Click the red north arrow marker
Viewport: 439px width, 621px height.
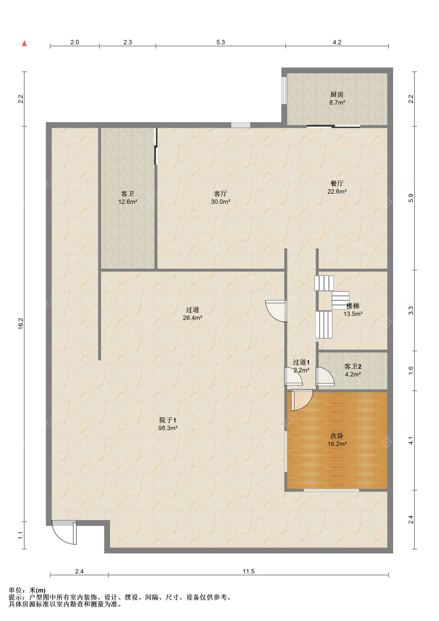pos(25,43)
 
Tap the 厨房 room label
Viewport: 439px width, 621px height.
pos(337,95)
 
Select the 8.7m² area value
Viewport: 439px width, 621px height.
pos(337,103)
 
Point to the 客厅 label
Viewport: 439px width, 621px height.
pos(220,193)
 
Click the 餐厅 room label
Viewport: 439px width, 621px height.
pos(337,183)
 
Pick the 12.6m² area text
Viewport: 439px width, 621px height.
pos(128,202)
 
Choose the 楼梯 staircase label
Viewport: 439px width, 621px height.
pos(353,306)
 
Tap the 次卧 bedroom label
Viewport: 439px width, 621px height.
pos(337,436)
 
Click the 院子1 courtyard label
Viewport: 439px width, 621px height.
pos(168,420)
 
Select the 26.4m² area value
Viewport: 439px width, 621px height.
pos(192,318)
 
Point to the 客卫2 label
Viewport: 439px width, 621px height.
pos(353,366)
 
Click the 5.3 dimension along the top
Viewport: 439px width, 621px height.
pos(220,42)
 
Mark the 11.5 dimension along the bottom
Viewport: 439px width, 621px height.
pos(248,571)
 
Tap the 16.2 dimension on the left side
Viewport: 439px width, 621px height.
pos(21,324)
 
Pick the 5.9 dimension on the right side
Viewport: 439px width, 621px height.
pos(411,198)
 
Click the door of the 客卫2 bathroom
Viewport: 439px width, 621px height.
pos(325,376)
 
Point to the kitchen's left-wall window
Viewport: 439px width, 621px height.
pos(284,90)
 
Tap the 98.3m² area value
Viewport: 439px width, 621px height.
pos(168,428)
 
